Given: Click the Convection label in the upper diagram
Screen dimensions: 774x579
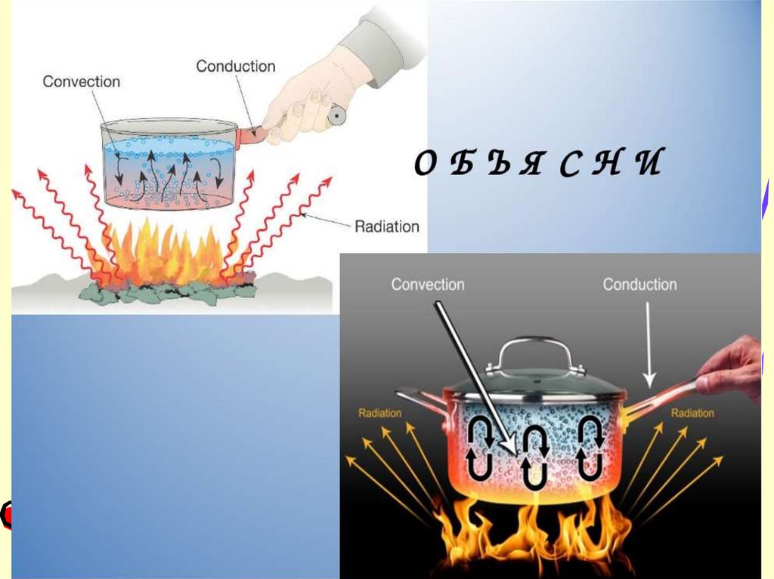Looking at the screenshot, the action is pos(81,82).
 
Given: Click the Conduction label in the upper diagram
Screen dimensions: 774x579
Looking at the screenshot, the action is pos(236,66).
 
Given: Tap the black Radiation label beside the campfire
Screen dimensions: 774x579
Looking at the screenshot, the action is pos(386,226).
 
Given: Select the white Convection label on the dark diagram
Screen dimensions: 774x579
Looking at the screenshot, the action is pos(427,285).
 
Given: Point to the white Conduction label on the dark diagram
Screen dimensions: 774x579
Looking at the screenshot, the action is pos(639,285).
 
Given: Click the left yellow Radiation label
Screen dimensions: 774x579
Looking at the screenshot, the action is pos(379,413).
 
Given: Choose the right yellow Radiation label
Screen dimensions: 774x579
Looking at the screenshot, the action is pos(692,413).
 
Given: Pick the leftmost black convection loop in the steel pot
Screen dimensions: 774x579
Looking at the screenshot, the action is pos(481,450).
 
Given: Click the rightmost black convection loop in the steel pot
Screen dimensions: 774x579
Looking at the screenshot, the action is pos(590,450).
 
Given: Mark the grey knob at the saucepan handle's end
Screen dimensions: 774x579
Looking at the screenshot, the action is pos(336,115).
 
